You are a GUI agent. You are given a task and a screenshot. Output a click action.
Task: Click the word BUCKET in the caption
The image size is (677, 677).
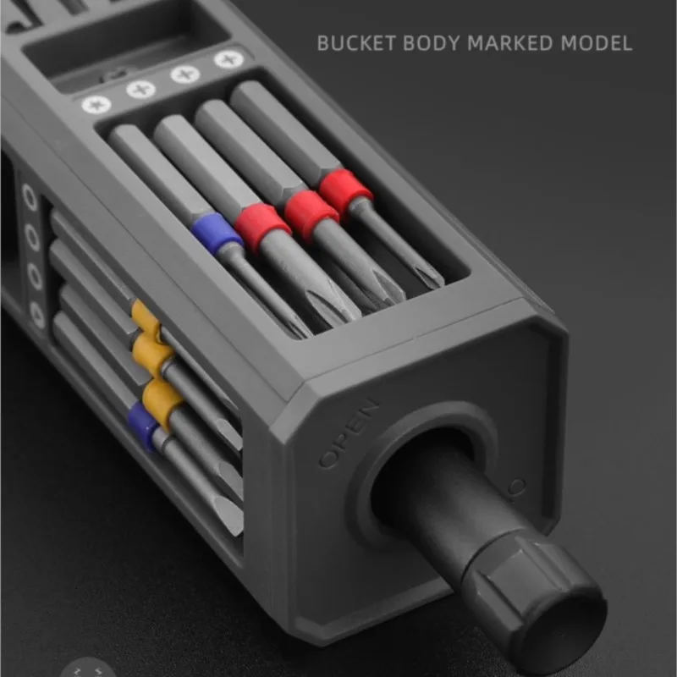click(356, 43)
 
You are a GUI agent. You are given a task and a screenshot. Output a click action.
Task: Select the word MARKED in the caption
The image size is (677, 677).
click(510, 43)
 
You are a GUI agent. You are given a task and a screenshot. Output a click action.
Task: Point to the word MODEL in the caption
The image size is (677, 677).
click(597, 43)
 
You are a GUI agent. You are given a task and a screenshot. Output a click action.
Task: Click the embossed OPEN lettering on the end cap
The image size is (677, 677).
click(349, 433)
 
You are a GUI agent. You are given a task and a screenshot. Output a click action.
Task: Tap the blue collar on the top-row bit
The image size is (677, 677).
click(217, 233)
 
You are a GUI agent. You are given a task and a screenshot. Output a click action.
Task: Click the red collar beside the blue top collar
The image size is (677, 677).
click(263, 228)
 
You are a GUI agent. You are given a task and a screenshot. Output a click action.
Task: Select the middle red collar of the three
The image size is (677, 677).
click(311, 214)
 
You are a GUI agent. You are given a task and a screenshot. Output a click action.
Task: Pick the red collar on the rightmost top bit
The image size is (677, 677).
click(345, 190)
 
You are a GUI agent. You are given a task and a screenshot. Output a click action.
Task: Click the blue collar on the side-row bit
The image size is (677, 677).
click(142, 427)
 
